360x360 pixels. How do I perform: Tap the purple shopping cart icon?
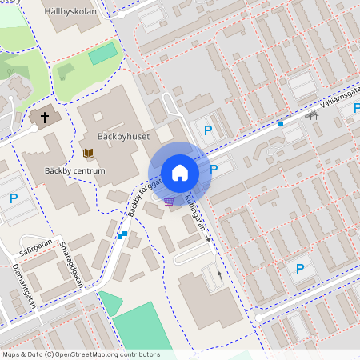point(169,202)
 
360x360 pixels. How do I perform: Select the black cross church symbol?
point(45,118)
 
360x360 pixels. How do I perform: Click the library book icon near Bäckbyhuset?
point(88,153)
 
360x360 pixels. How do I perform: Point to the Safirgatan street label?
point(35,240)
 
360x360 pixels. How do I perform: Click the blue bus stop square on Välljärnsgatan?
point(280,123)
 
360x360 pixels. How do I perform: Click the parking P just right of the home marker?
point(213,169)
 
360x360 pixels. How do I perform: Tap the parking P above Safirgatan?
point(13,198)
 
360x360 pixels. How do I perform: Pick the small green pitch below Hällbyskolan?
point(102,54)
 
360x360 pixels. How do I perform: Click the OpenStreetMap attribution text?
point(80,354)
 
